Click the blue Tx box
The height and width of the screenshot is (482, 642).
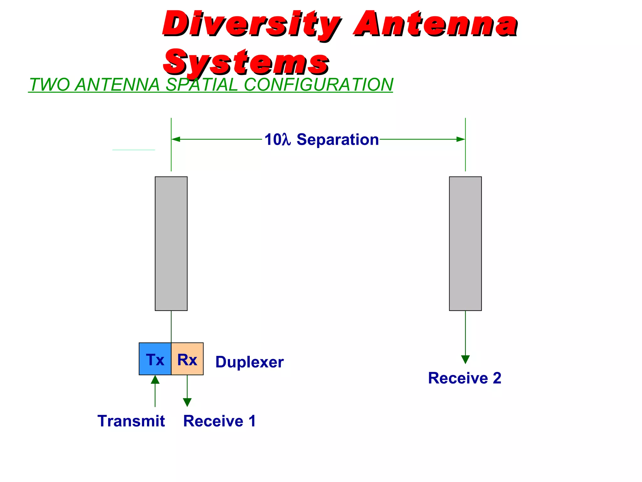click(x=155, y=359)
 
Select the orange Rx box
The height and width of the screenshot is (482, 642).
click(x=187, y=359)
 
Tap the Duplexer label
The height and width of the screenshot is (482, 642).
click(x=250, y=362)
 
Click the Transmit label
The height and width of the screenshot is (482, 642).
click(x=131, y=421)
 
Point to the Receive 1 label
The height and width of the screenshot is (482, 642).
click(x=219, y=421)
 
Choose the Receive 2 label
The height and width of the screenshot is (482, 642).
click(x=465, y=378)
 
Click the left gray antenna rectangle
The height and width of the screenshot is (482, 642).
click(x=171, y=244)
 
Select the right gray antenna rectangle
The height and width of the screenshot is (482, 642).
click(x=465, y=244)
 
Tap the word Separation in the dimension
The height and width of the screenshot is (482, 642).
click(x=338, y=139)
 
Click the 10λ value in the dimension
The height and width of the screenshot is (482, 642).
click(x=277, y=139)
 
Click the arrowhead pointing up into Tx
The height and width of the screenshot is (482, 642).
click(x=155, y=380)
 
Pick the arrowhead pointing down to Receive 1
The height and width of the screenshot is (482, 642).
click(x=187, y=402)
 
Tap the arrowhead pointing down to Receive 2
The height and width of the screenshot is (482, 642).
click(x=466, y=360)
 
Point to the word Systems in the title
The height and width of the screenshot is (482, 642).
click(x=246, y=62)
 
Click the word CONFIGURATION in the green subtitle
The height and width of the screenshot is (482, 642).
click(x=318, y=85)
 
